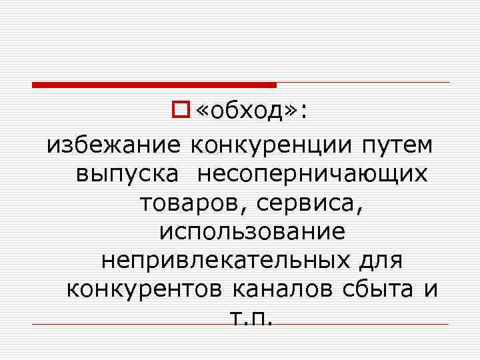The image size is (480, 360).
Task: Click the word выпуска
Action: [127, 173]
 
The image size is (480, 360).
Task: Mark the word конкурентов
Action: [147, 290]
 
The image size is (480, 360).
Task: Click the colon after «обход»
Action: [305, 113]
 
